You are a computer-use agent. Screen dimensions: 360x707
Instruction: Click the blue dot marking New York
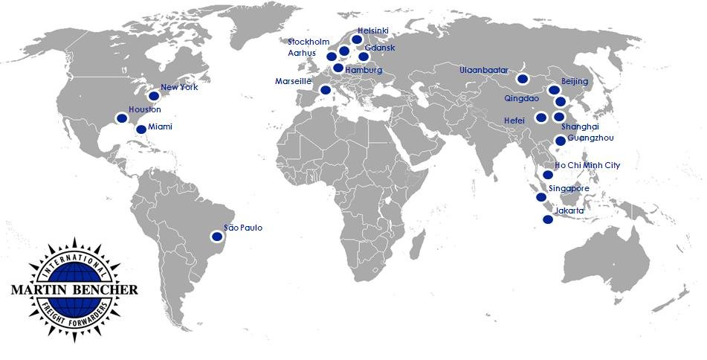pos(154,96)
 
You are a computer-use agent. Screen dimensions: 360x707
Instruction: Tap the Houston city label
pos(144,110)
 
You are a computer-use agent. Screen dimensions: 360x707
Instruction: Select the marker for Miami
pos(141,129)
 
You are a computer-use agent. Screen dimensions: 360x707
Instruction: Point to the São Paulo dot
pos(216,237)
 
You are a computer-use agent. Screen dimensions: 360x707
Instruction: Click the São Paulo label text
pos(243,228)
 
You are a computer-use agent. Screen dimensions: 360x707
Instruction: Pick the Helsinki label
pos(373,30)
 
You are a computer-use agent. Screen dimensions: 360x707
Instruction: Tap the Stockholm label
pos(309,42)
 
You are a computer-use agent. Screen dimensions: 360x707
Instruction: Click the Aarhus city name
pos(302,53)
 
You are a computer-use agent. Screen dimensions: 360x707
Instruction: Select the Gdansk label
pos(380,48)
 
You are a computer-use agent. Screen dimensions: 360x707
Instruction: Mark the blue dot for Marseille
pos(325,90)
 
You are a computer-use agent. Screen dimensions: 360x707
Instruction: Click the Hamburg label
pos(364,70)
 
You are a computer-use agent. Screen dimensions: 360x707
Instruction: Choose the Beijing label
pos(575,80)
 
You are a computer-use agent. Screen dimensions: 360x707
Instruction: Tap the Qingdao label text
pos(521,97)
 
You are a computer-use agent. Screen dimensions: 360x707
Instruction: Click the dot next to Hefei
pos(541,117)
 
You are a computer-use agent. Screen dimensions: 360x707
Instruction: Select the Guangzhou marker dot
pos(561,141)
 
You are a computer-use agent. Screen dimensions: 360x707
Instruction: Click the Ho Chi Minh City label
pos(587,165)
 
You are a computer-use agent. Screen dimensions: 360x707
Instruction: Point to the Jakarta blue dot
pos(548,219)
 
